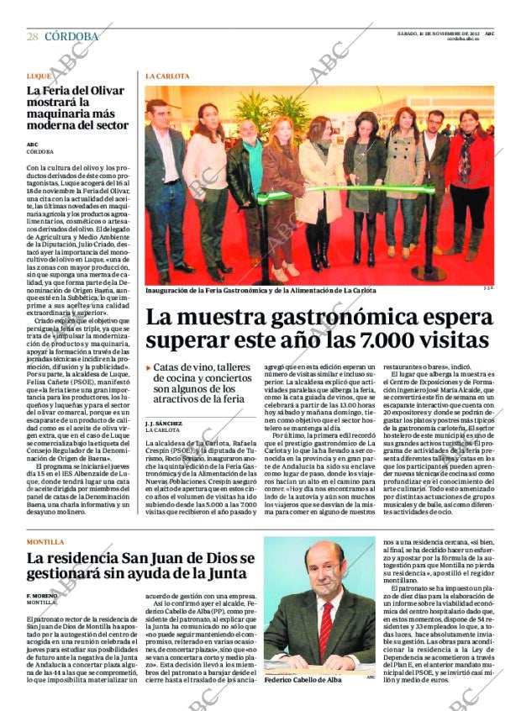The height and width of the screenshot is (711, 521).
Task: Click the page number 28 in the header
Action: tap(31, 36)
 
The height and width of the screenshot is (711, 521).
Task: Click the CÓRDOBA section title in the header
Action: tap(71, 36)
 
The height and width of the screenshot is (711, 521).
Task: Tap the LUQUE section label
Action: tap(39, 76)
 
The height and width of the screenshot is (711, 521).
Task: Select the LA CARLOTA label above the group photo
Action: tap(167, 76)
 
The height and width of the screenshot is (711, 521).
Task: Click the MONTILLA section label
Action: tap(45, 542)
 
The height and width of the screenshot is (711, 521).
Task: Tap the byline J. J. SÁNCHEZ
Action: tap(163, 423)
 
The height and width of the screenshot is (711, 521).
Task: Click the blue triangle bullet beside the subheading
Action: tap(149, 367)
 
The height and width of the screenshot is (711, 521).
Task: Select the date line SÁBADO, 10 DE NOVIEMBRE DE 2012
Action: tap(438, 33)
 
